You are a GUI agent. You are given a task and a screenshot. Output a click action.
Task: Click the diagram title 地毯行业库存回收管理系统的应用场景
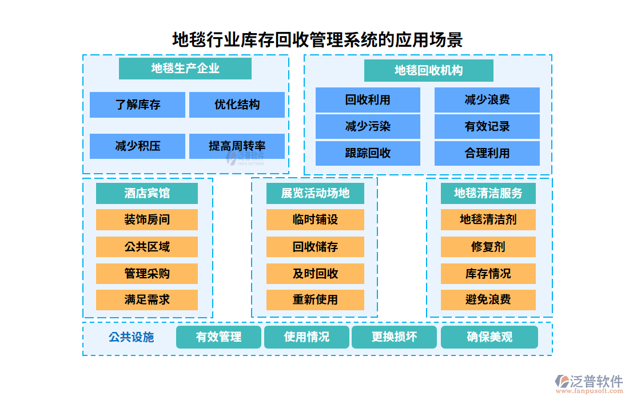point(317,40)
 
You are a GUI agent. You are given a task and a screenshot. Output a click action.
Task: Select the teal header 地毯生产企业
point(185,69)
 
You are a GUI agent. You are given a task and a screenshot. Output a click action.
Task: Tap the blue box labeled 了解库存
point(137,105)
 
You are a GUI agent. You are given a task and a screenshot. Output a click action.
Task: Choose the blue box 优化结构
point(237,105)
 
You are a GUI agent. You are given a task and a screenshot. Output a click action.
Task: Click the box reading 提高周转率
point(237,146)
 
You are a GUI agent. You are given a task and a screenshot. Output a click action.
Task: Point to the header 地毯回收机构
point(428,71)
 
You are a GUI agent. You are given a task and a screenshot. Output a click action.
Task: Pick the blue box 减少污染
point(368,126)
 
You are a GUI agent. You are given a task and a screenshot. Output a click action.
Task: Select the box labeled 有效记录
point(487,126)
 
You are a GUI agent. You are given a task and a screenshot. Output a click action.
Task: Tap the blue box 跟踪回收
point(368,153)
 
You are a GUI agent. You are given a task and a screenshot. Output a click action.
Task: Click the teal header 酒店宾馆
point(147,193)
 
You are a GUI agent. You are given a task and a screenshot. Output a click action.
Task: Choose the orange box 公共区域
point(147,247)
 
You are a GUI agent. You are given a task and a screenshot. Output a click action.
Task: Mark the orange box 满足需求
point(147,299)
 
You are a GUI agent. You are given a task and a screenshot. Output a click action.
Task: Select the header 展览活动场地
point(315,193)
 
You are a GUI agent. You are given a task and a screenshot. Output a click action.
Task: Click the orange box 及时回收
point(315,274)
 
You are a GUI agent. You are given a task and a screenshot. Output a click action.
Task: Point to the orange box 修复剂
point(488,247)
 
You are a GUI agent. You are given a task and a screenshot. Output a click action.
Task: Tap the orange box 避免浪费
point(488,299)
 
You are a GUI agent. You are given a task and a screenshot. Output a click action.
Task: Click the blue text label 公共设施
point(132,337)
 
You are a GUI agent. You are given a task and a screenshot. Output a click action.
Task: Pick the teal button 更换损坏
point(394,337)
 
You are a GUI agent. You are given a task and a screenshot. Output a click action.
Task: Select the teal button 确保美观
point(489,337)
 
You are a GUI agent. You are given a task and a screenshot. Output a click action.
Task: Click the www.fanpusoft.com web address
point(589,392)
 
